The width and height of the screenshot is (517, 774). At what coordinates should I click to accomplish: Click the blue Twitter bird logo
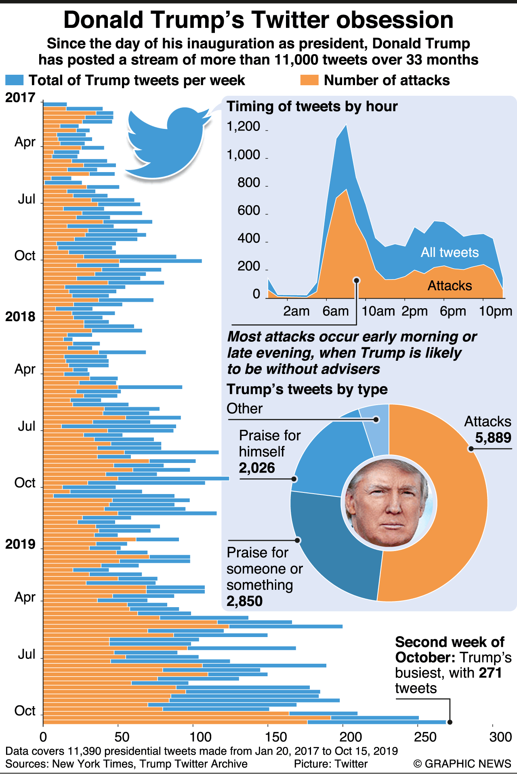[168, 143]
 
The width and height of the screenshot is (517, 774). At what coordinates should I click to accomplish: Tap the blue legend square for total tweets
[15, 80]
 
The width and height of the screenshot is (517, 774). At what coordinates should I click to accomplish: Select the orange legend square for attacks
[309, 80]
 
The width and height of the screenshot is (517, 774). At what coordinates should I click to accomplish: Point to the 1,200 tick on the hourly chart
[244, 127]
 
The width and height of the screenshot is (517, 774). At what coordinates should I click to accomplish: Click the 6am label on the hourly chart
[335, 311]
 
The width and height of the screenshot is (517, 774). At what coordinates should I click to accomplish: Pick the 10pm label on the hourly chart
[496, 311]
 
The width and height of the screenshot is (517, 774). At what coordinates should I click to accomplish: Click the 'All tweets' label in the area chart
[450, 252]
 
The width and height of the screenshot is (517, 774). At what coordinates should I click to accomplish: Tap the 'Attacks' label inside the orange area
[450, 286]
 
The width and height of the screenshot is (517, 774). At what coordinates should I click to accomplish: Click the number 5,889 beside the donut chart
[493, 438]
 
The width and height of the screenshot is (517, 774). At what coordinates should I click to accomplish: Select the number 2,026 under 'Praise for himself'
[257, 468]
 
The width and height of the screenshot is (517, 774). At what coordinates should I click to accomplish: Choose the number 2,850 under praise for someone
[244, 602]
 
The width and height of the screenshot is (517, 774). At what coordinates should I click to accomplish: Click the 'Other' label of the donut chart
[244, 409]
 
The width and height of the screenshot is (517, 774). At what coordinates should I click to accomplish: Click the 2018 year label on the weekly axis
[20, 317]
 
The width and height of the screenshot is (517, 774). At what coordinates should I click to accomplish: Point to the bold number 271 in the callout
[490, 673]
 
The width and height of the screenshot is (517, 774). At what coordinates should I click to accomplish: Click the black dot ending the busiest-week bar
[450, 722]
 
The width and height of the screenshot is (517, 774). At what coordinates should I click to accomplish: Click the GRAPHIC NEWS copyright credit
[462, 764]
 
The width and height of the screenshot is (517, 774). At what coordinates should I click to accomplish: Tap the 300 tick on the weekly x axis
[500, 737]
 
